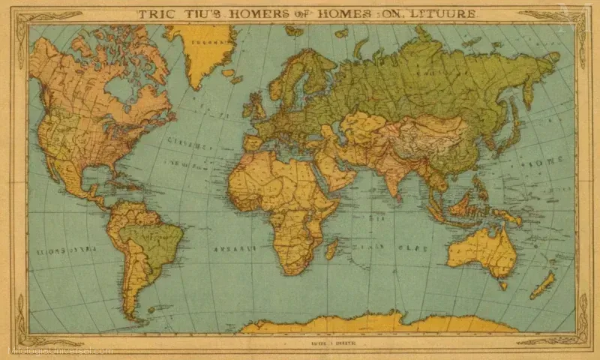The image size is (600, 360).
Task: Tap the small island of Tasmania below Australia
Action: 503,284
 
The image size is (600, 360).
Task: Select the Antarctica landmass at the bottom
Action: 375,323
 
